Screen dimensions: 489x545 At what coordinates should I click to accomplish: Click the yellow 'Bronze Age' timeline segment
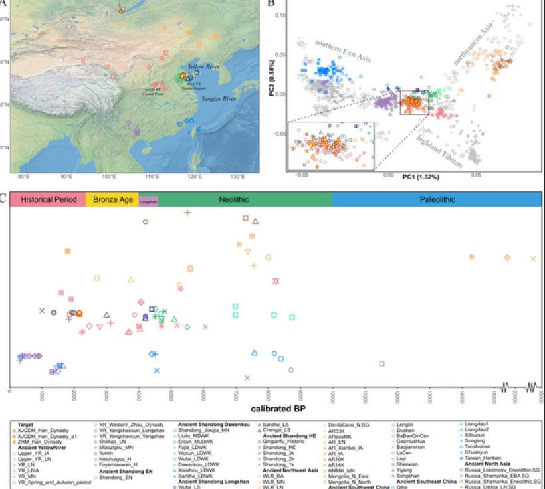tap(112, 199)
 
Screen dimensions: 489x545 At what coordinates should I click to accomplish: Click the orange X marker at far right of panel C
tap(533, 258)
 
